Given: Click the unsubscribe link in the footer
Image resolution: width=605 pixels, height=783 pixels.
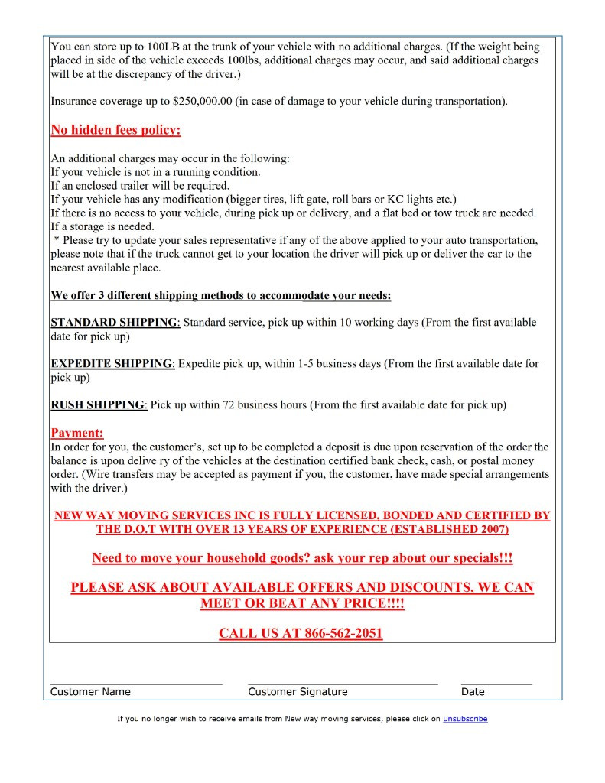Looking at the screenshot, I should [x=465, y=719].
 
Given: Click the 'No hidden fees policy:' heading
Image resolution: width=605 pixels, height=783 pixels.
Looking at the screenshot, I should [x=115, y=130].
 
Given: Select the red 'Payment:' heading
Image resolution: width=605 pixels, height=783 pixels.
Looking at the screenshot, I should [x=76, y=434].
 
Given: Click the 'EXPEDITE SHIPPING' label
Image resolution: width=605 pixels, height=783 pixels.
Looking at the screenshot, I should [x=112, y=364].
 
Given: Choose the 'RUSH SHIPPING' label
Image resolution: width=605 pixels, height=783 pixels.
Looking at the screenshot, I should [x=98, y=405].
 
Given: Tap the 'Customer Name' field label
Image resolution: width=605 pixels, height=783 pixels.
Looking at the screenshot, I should [x=90, y=692].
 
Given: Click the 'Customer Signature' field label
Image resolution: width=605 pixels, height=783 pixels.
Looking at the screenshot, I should [x=298, y=692].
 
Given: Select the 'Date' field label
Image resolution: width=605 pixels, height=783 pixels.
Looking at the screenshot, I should [x=473, y=692].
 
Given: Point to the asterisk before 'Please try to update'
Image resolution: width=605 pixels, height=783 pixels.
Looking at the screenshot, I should [x=56, y=241].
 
